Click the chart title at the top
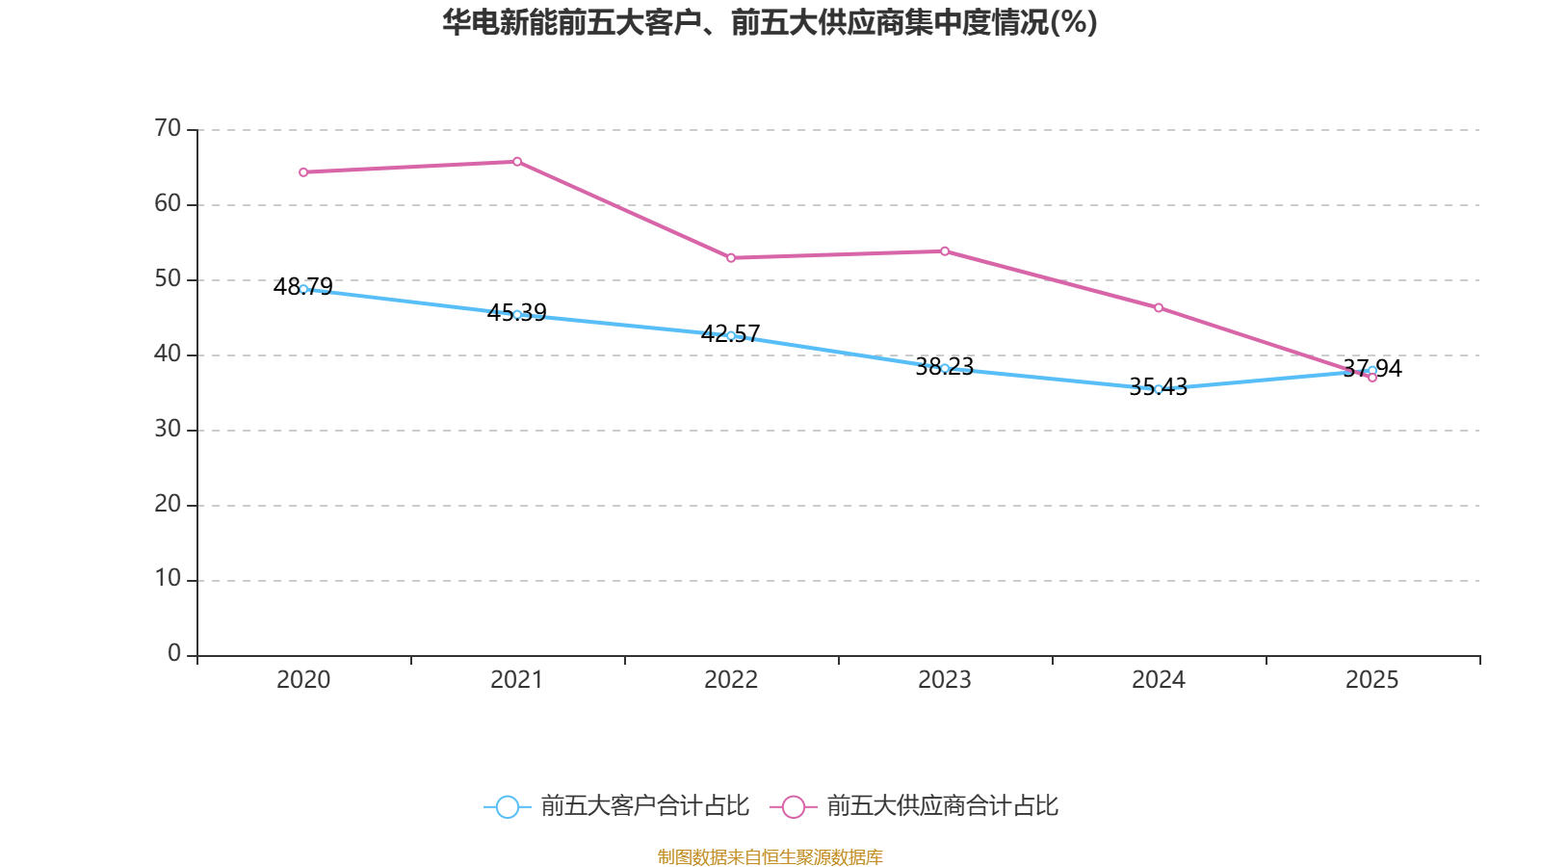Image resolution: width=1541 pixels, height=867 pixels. point(770,22)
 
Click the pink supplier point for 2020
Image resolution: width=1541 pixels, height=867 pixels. point(303,172)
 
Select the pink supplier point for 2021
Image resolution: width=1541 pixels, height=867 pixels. point(517,162)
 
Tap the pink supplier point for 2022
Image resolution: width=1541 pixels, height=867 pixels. point(731,258)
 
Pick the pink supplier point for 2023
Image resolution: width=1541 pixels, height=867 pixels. point(945,251)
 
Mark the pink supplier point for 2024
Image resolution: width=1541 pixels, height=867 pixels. point(1159,308)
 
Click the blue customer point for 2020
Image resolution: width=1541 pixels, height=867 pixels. point(303,289)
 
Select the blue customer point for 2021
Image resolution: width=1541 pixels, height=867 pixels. point(517,314)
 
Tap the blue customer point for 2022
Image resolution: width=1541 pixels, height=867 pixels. point(731,335)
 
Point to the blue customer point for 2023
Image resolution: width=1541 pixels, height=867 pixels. point(945,368)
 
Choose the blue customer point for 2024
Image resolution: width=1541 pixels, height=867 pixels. point(1159,389)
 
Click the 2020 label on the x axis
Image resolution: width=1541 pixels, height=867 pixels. point(303,680)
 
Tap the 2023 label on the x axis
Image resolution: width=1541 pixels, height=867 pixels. point(945,680)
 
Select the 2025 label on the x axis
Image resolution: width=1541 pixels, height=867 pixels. point(1371,680)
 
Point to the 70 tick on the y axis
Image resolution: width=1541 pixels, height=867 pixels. point(168,128)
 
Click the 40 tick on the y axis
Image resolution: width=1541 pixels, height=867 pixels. point(168,354)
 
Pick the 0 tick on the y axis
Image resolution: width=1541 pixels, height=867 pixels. point(174,654)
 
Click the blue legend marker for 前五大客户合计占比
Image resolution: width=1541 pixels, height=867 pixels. point(508,807)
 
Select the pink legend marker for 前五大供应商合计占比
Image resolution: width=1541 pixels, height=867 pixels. point(794,807)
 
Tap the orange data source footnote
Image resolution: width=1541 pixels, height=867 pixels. point(770,856)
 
